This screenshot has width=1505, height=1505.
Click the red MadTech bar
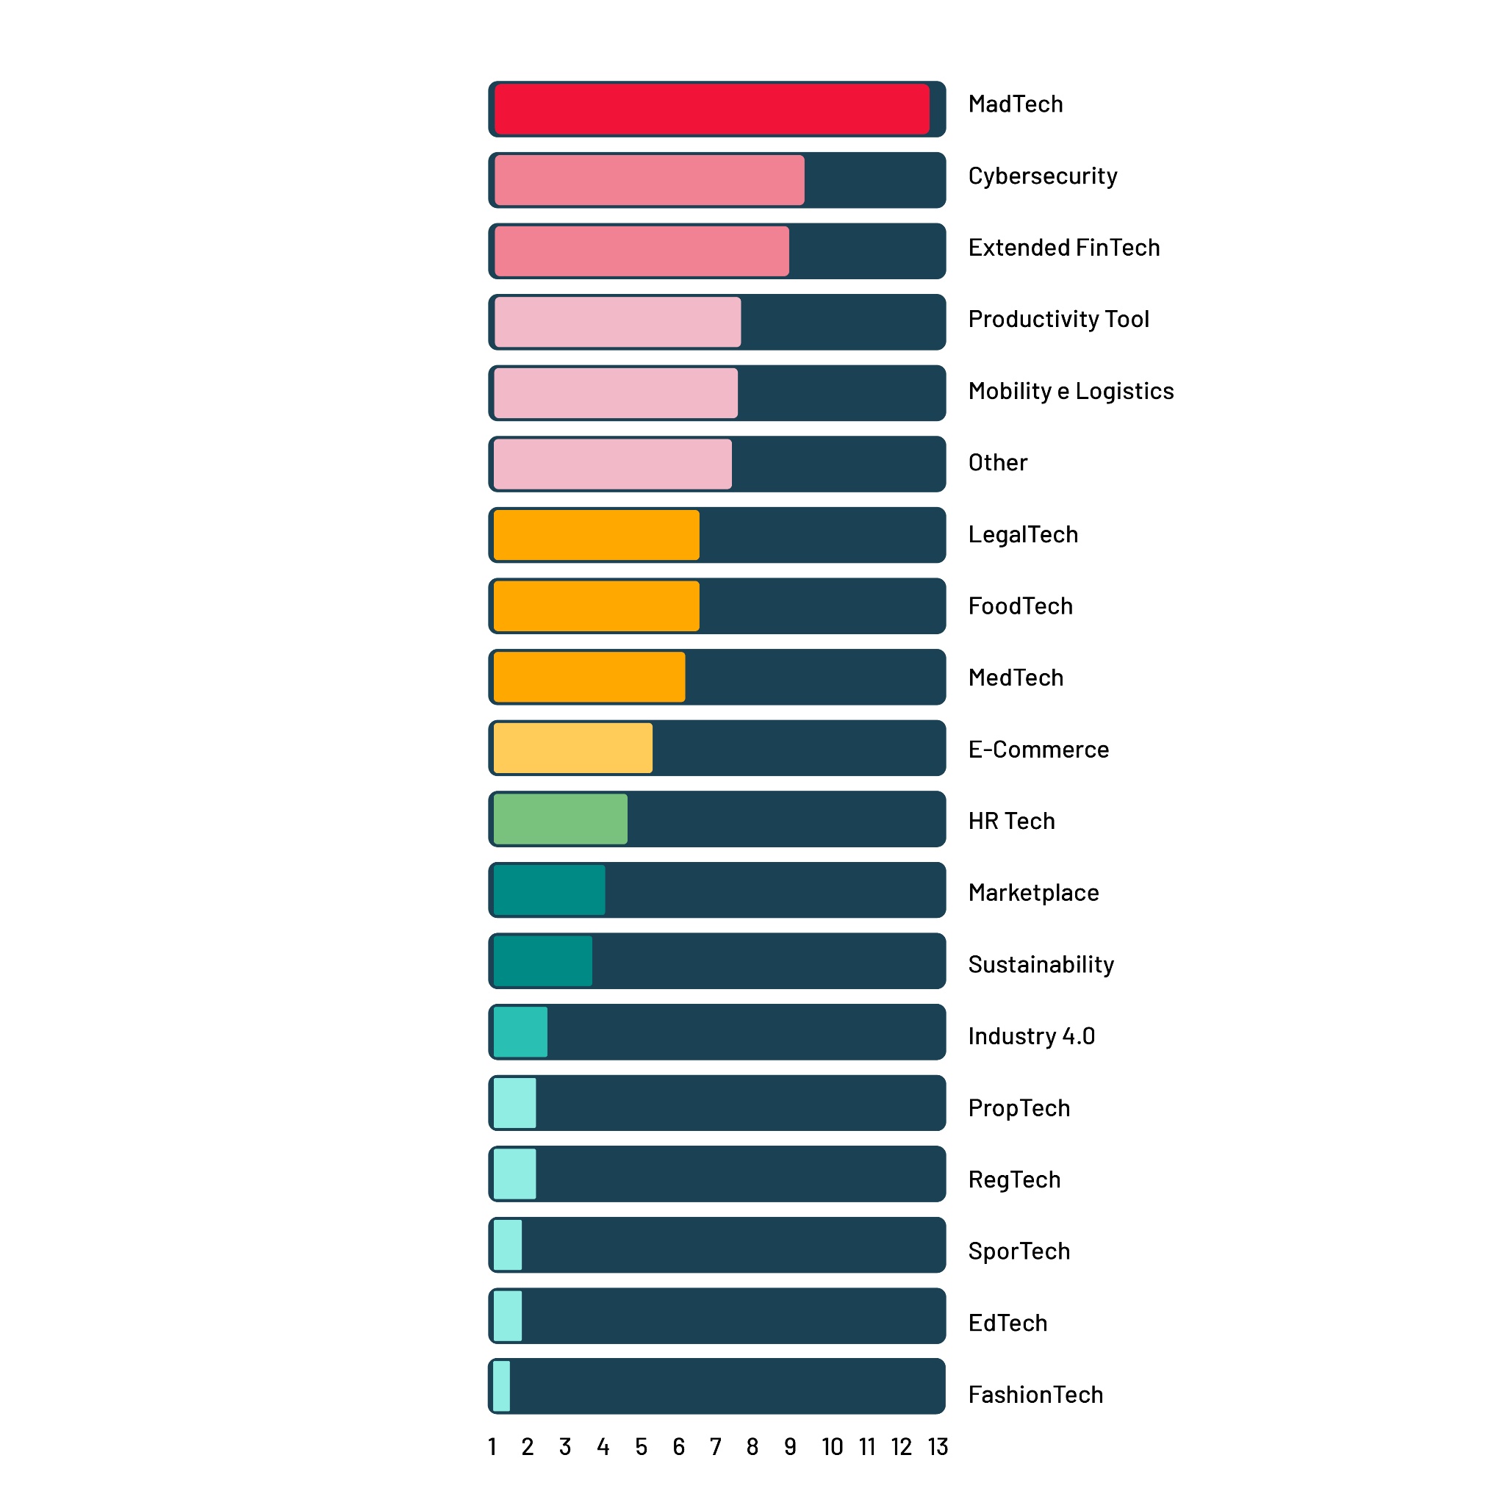pyautogui.click(x=711, y=109)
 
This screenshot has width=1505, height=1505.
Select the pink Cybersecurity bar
pyautogui.click(x=649, y=180)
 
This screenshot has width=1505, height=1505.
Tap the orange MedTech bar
pyautogui.click(x=589, y=677)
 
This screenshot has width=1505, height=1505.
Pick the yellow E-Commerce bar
pyautogui.click(x=572, y=748)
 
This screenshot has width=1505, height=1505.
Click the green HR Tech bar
pyautogui.click(x=560, y=819)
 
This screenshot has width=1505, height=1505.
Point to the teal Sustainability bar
pyautogui.click(x=542, y=960)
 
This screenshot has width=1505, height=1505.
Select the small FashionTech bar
pyautogui.click(x=502, y=1386)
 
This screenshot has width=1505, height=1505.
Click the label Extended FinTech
pyautogui.click(x=1063, y=248)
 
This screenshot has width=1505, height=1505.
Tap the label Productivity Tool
pyautogui.click(x=1058, y=320)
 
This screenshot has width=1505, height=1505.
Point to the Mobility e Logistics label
pyautogui.click(x=1070, y=391)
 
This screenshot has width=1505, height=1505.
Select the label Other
pyautogui.click(x=997, y=463)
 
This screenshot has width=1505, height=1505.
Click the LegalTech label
pyautogui.click(x=1023, y=534)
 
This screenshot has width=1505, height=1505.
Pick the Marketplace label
pyautogui.click(x=1033, y=893)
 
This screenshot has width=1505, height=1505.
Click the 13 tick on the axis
pyautogui.click(x=937, y=1446)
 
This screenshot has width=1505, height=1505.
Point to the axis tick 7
pyautogui.click(x=715, y=1446)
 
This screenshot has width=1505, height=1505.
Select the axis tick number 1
pyautogui.click(x=492, y=1446)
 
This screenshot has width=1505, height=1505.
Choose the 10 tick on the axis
pyautogui.click(x=832, y=1446)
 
